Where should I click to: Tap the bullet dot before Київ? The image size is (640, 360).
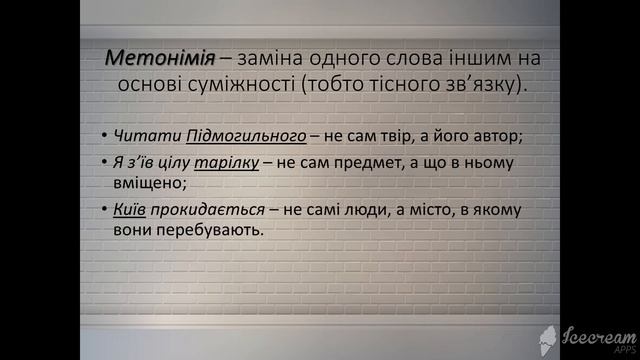click(x=105, y=210)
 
